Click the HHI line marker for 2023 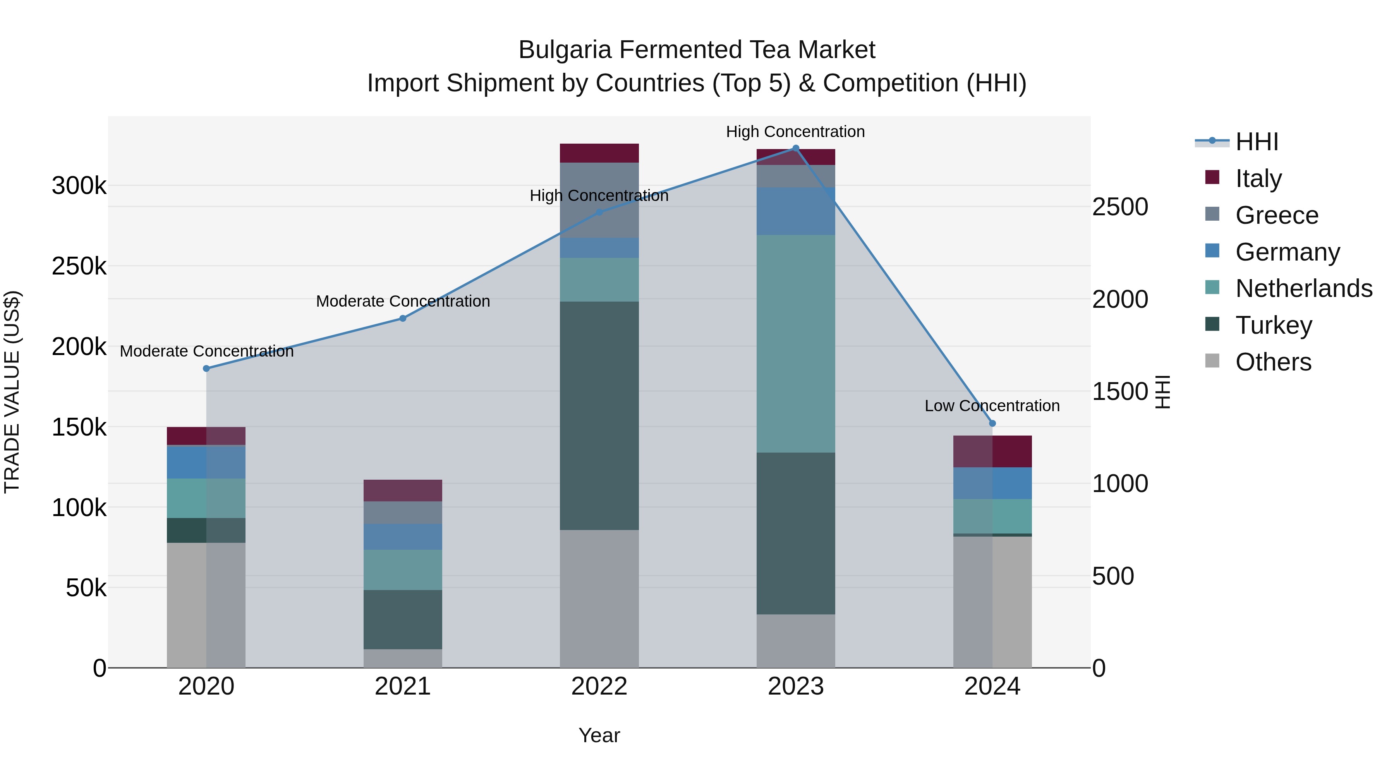[795, 148]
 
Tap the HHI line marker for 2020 [206, 369]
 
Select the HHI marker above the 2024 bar [992, 424]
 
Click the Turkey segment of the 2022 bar [599, 415]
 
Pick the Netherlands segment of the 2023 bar [795, 343]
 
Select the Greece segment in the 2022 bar [599, 200]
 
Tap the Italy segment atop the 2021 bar [403, 490]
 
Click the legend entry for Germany [1288, 252]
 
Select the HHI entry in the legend [1257, 142]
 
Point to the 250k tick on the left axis [79, 266]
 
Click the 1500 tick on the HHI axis [1119, 392]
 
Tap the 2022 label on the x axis [599, 686]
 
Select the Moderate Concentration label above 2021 [403, 301]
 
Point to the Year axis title [599, 735]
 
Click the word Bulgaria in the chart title [565, 50]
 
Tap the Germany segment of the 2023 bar [795, 211]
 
